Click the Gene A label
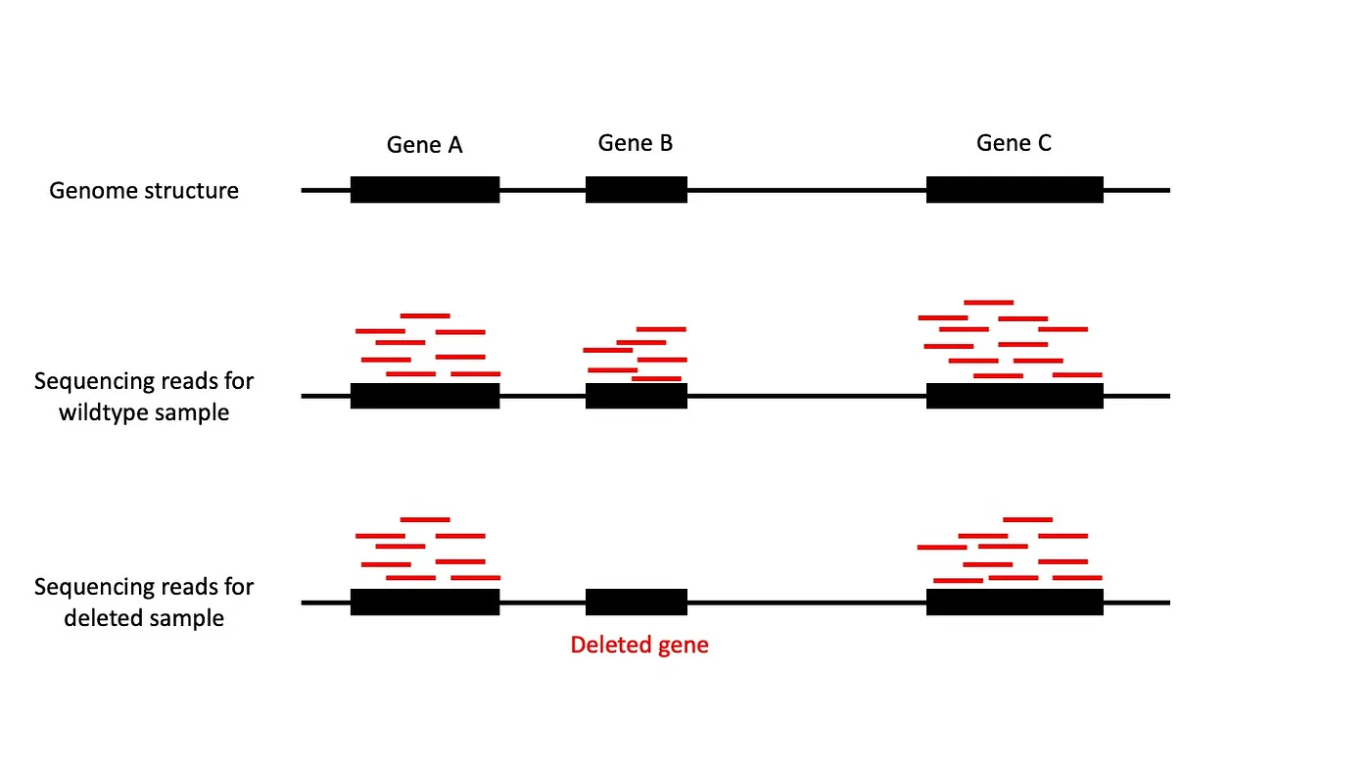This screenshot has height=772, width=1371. point(424,145)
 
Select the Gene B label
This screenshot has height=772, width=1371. point(636,143)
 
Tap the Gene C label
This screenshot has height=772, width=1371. point(1014,143)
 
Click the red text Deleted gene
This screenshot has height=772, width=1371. point(638,645)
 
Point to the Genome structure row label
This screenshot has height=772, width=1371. point(144,190)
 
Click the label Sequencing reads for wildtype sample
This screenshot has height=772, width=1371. point(144,396)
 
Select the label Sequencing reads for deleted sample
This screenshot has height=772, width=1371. point(144,603)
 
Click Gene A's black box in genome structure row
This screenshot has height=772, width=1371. point(425,190)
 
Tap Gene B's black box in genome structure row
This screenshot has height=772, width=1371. point(637,190)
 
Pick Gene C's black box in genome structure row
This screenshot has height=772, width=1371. point(1015,190)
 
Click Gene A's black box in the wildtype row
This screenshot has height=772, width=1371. point(425,396)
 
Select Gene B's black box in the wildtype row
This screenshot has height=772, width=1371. point(637,396)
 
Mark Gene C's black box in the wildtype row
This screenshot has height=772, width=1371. point(1015,396)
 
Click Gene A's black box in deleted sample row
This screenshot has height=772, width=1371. point(425,603)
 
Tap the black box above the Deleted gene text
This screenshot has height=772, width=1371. point(637,603)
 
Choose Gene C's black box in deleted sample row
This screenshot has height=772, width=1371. point(1015,603)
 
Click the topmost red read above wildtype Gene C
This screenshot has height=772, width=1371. point(988,303)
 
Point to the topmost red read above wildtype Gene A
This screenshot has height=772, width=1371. point(425,315)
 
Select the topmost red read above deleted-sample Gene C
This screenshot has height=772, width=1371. point(1027,519)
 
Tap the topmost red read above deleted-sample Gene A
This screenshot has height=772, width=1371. point(425,519)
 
